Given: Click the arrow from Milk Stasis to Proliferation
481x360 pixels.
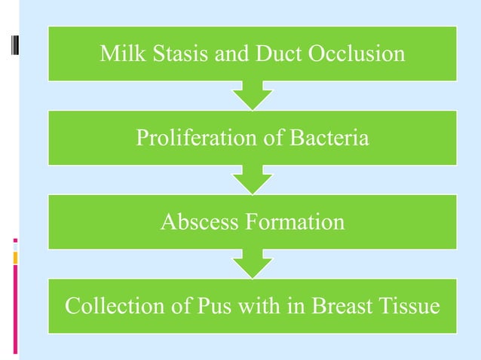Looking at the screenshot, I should [x=252, y=96].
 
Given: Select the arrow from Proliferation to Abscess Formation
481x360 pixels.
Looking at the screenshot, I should [x=252, y=180].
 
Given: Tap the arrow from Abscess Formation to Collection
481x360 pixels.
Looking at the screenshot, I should [x=252, y=264].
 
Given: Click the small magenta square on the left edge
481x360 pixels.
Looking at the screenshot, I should [x=15, y=241].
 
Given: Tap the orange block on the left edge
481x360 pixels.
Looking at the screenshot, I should [x=15, y=258].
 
